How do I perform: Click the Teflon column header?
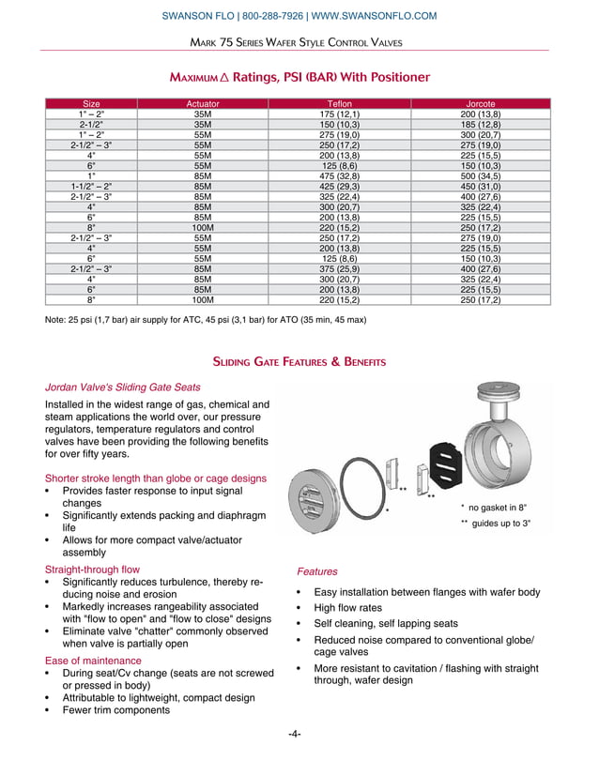pos(339,103)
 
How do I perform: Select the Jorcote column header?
pos(480,103)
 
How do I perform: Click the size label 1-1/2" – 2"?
pos(91,188)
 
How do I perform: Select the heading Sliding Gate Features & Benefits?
pos(299,361)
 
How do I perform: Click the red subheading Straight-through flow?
pos(92,570)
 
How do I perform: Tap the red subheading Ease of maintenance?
pos(91,661)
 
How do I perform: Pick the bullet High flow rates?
pos(347,608)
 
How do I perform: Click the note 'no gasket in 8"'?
pos(497,507)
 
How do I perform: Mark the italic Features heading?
pos(317,570)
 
